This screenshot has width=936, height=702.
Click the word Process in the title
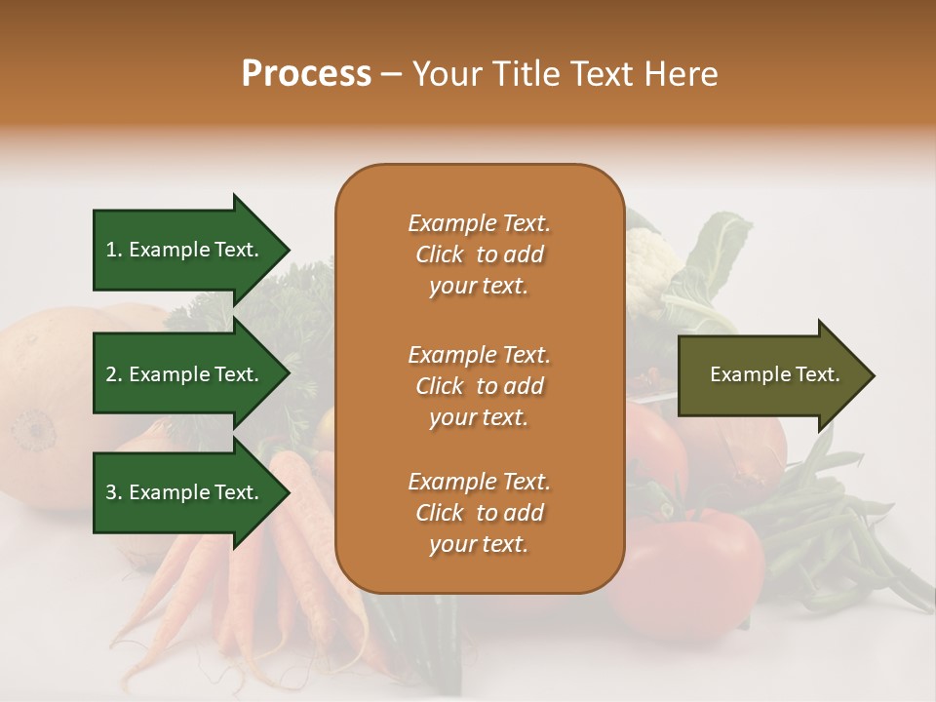(306, 74)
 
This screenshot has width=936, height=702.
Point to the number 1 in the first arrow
(111, 250)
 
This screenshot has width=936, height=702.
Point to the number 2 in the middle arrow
(111, 374)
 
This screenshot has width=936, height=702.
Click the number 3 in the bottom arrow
(111, 492)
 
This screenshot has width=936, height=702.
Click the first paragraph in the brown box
(479, 254)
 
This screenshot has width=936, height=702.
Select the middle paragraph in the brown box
(479, 386)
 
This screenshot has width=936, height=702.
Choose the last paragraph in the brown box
(479, 513)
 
